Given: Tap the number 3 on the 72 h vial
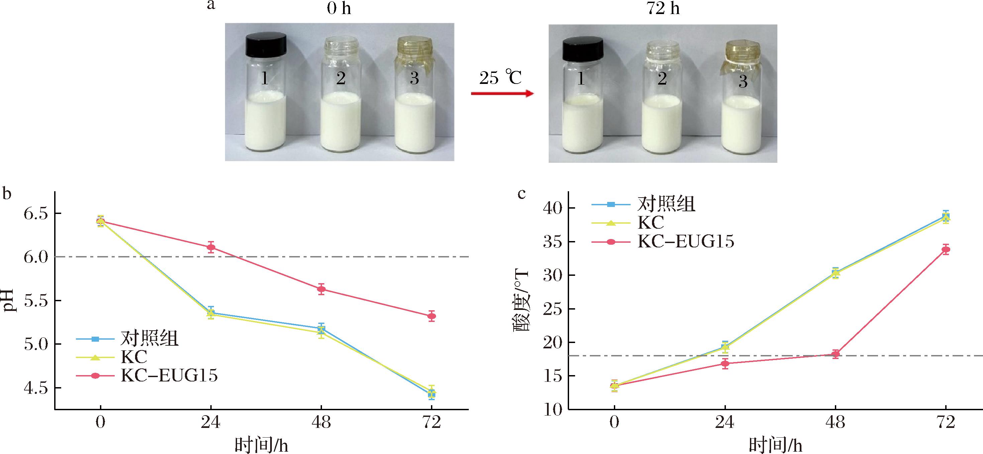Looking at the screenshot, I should click(x=743, y=82).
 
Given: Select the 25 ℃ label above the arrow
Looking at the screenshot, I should click(x=500, y=78).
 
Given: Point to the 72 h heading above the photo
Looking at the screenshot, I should click(x=663, y=8).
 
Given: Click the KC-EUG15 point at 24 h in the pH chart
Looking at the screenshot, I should click(x=211, y=247).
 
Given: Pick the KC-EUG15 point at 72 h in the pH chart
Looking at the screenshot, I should click(x=432, y=316).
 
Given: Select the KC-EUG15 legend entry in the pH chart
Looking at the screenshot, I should click(x=169, y=376).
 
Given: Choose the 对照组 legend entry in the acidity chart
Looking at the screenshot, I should click(x=666, y=205).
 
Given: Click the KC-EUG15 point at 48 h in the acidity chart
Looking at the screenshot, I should click(x=835, y=354).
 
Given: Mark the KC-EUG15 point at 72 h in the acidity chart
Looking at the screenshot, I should click(x=946, y=249).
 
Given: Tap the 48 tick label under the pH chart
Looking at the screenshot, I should click(x=321, y=423).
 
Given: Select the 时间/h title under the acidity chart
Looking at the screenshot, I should click(x=775, y=445).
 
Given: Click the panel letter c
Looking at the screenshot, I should click(x=521, y=194).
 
